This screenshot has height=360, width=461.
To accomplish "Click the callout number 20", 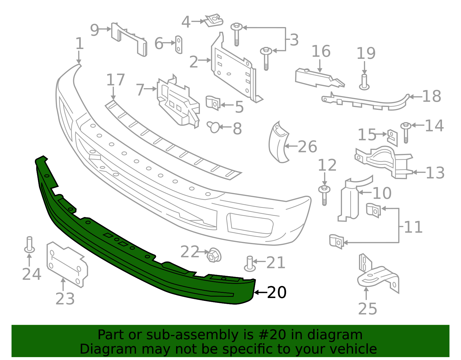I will tap(277, 293).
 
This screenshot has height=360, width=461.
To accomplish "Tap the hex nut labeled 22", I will tap(214, 255).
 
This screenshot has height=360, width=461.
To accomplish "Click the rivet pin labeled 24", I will tap(29, 245).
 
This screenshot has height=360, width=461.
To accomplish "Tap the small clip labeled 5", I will tap(213, 103).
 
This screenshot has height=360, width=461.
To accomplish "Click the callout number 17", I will tap(116, 80).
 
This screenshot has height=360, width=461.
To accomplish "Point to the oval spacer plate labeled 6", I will tap(179, 45).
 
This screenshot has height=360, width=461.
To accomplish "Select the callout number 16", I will tap(321, 51).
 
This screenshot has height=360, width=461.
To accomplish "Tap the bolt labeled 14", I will tap(406, 132).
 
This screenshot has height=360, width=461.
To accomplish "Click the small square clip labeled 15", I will tap(392, 137).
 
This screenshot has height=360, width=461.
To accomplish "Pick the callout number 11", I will tap(413, 227).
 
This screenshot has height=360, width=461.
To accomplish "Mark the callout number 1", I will tap(79, 44).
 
